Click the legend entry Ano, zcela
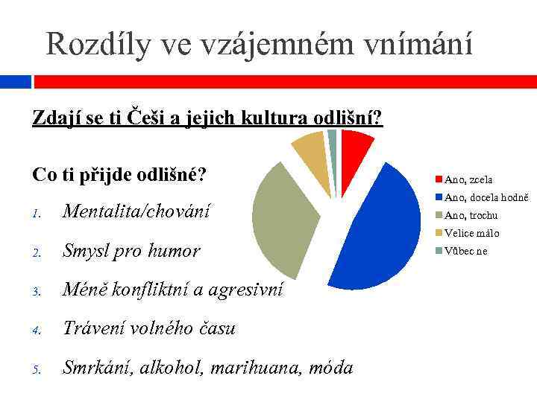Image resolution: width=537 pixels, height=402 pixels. point(468,179)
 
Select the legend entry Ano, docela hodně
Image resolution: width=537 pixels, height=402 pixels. point(486,197)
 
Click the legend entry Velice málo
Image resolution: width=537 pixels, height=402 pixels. point(471,233)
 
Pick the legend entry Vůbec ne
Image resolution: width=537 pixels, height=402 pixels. point(465,251)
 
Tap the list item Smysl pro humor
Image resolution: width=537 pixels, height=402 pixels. point(131,251)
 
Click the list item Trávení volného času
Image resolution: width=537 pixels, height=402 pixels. point(149,328)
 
